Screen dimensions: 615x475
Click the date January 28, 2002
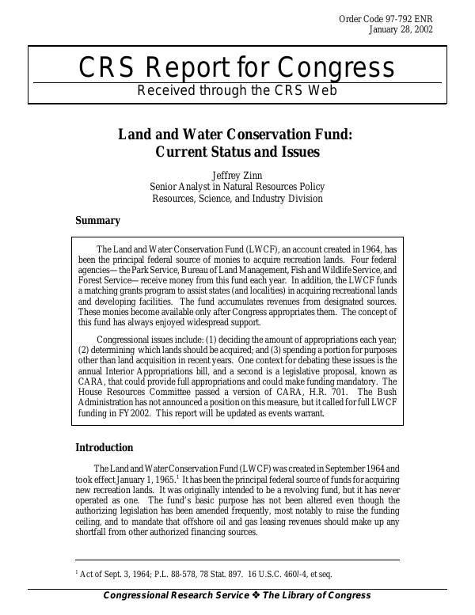[401, 30]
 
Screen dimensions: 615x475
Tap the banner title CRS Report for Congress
[237, 68]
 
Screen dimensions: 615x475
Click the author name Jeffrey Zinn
[237, 174]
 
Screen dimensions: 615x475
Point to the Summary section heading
[97, 221]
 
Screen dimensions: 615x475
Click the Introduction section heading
[104, 448]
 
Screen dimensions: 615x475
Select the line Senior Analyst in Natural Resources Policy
[237, 187]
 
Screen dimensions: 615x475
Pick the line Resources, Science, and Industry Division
[237, 199]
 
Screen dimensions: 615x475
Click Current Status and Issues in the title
[237, 151]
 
